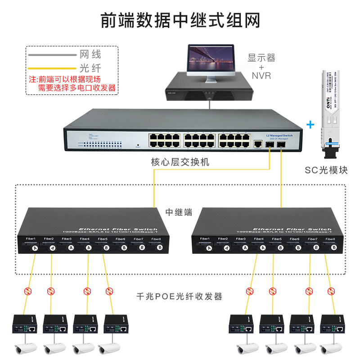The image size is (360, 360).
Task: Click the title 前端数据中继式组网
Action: coord(180,20)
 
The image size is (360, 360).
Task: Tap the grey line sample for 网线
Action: coord(52,55)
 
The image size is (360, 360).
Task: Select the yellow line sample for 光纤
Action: coord(52,69)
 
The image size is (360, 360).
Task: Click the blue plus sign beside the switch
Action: coord(310,123)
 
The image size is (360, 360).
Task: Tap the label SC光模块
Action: coord(326,170)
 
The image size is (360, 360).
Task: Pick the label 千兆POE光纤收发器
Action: coord(179,297)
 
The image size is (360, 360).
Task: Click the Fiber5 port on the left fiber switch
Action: coord(106,247)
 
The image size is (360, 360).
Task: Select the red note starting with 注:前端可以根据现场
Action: coord(72,83)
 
